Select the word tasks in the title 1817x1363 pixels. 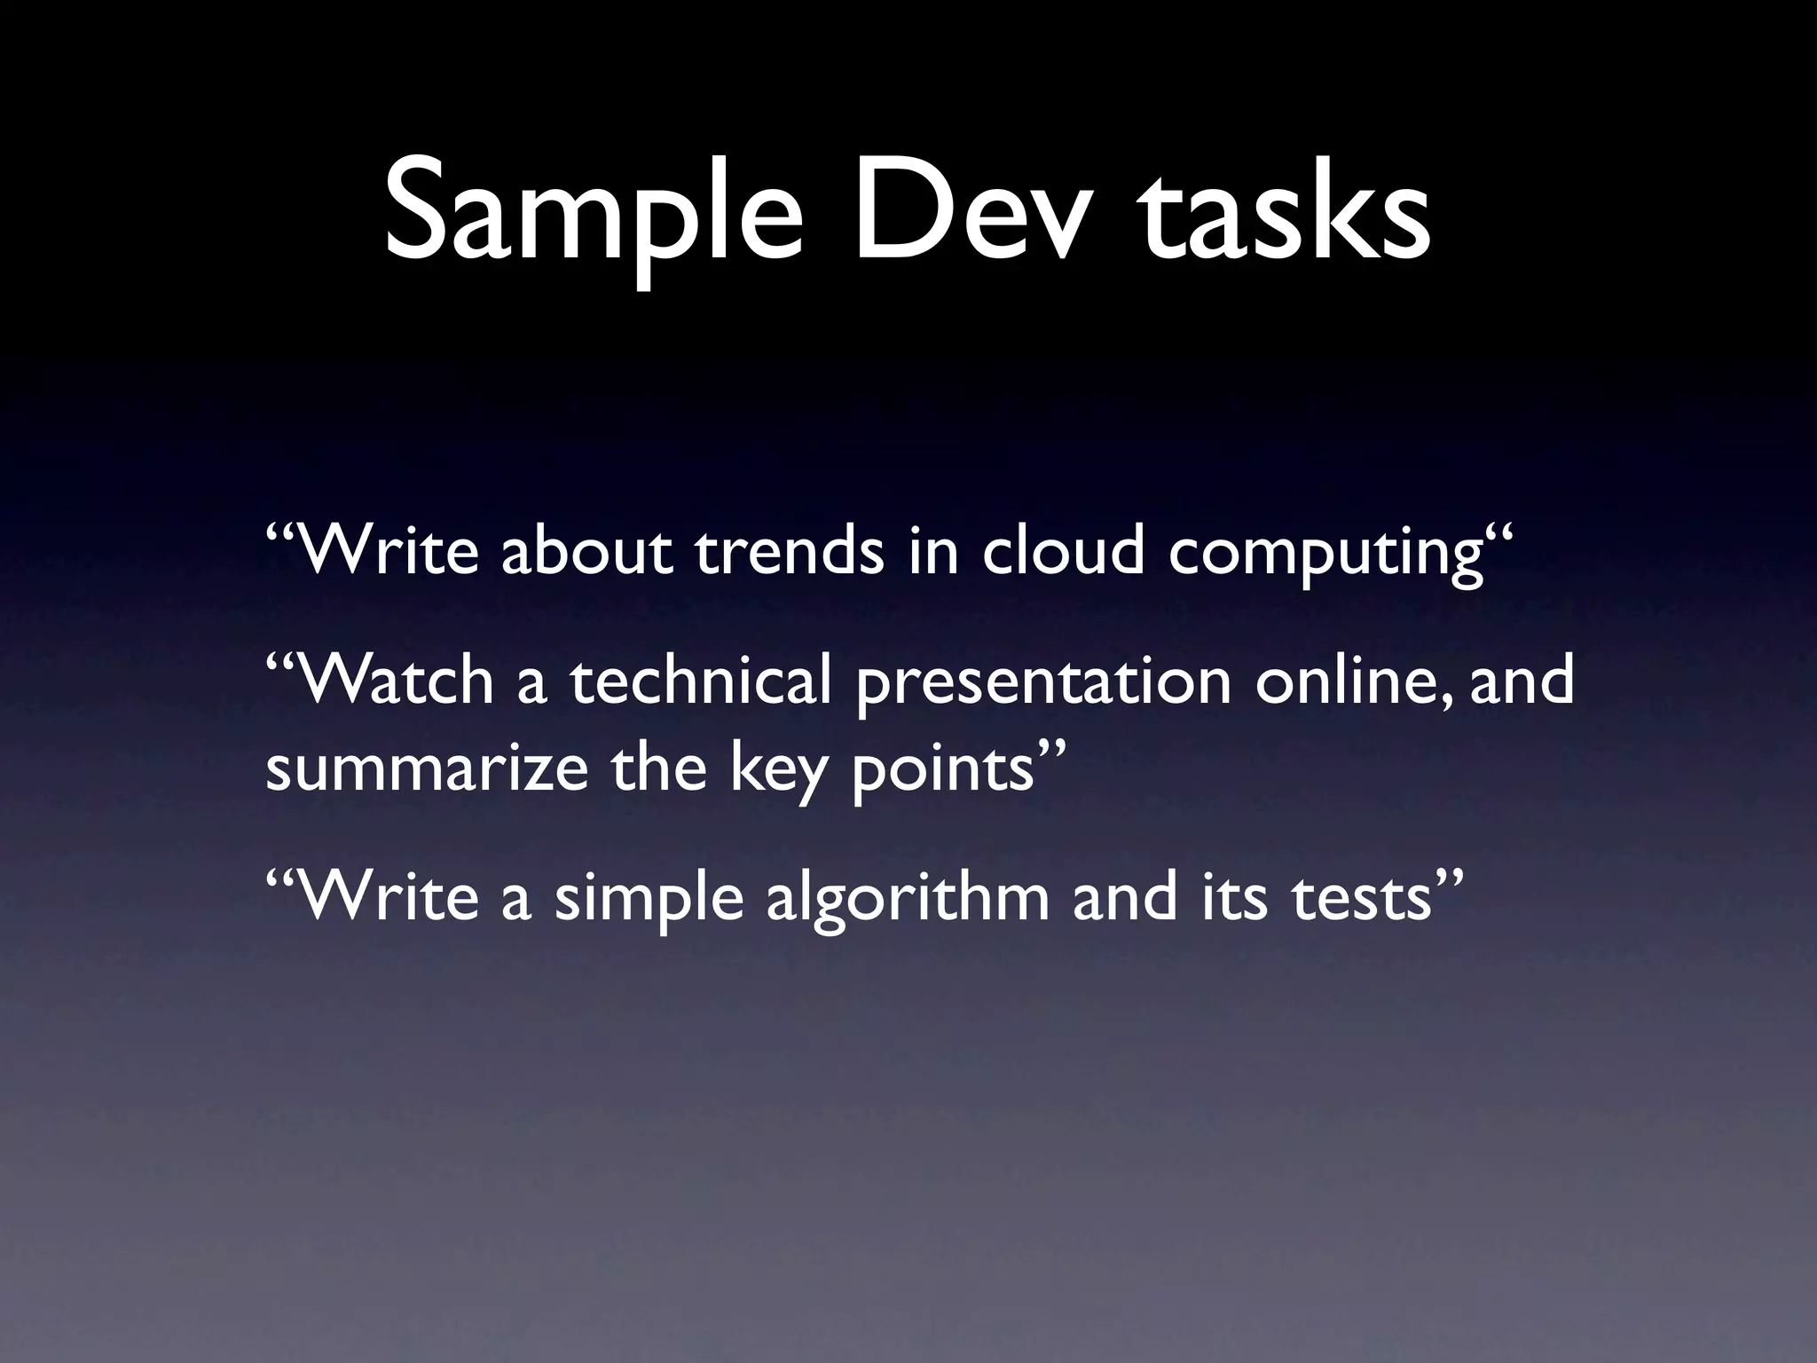(1286, 217)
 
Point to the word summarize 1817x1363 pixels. (427, 768)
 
